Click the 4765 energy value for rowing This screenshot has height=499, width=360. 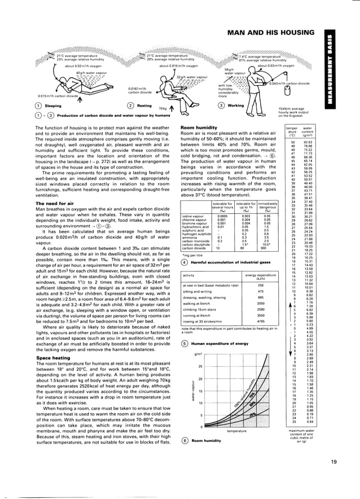(261, 321)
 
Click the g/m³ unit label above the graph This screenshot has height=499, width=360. (198, 354)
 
